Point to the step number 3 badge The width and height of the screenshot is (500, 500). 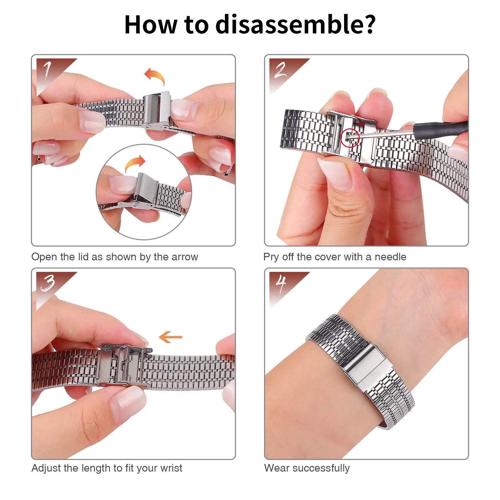48,282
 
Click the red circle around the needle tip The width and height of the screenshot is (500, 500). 350,138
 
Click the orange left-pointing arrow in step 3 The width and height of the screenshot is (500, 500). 170,337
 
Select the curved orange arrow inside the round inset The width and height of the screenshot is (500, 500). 135,163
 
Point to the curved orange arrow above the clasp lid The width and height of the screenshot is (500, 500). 155,76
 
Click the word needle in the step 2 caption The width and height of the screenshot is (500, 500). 390,257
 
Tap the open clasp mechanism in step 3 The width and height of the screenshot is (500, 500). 123,365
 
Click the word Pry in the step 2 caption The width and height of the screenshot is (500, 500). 271,257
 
